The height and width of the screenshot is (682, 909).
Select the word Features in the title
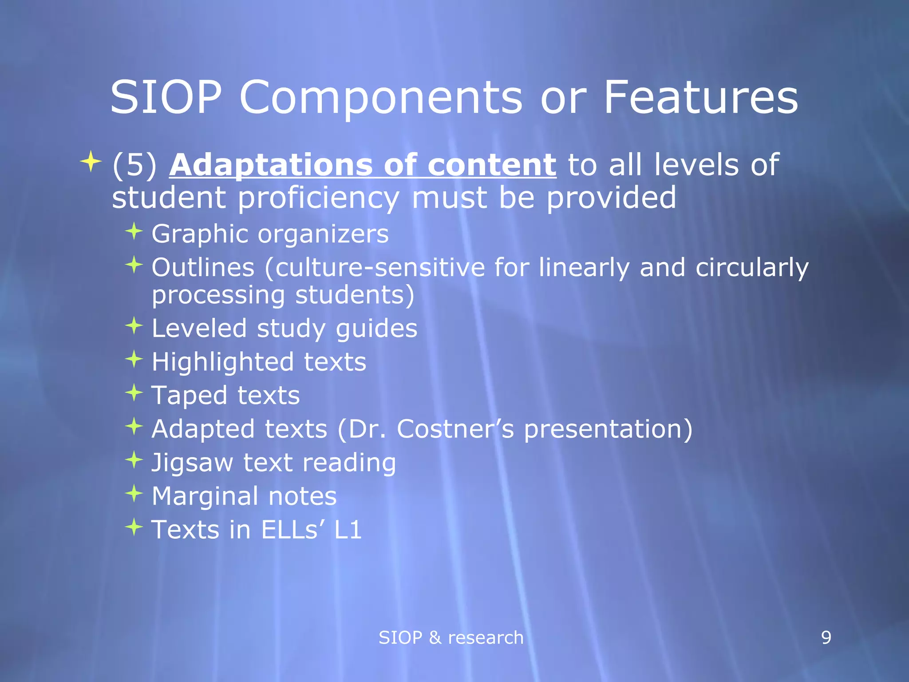point(701,98)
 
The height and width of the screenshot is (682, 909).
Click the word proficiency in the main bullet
point(318,198)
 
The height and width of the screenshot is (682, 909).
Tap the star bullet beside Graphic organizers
point(134,231)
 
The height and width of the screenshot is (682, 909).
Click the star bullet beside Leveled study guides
point(134,326)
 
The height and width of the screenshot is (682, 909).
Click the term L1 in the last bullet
point(348,530)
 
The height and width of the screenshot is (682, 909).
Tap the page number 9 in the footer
point(826,638)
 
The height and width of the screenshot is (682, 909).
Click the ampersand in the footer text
point(435,638)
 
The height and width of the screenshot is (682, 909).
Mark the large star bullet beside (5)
point(91,162)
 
